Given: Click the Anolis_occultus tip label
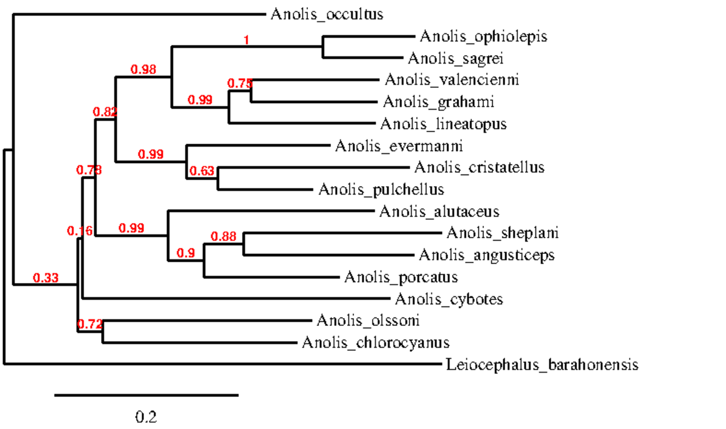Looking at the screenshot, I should tap(327, 14).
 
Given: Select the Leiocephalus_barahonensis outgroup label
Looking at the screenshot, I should tap(541, 365).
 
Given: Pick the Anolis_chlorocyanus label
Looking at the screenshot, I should tap(375, 344).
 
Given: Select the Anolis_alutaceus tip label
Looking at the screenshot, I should tap(439, 211).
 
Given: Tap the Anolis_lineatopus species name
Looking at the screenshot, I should tap(443, 124).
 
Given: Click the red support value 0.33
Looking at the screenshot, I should tap(45, 278).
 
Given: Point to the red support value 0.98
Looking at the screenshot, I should tap(144, 70).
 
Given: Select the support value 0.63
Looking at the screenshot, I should tap(202, 171).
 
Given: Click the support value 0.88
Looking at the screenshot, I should tap(223, 236).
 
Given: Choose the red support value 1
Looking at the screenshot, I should tap(246, 41).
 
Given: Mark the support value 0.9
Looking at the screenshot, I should tap(186, 253).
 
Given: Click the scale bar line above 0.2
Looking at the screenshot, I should tap(146, 395).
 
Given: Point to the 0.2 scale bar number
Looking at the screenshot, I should tap(146, 417).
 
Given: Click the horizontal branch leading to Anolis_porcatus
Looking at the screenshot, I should tap(272, 278).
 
